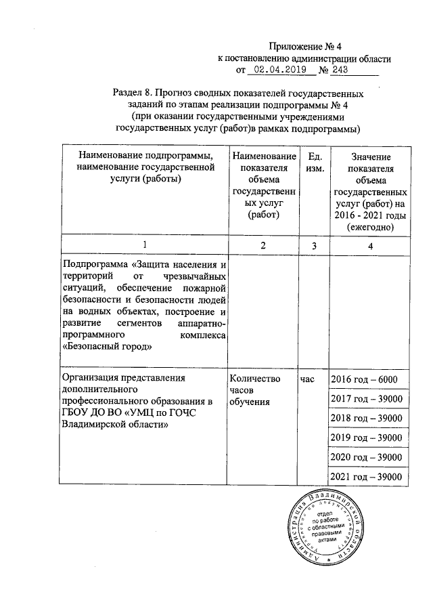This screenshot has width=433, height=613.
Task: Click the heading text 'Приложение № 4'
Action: (297, 47)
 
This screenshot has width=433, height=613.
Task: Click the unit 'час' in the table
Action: (308, 379)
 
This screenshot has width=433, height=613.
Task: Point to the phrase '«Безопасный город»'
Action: (106, 346)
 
